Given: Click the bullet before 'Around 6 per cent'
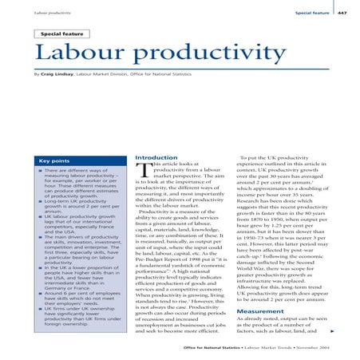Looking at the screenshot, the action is click(x=40, y=294).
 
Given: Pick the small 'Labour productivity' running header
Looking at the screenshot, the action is click(x=50, y=14).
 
